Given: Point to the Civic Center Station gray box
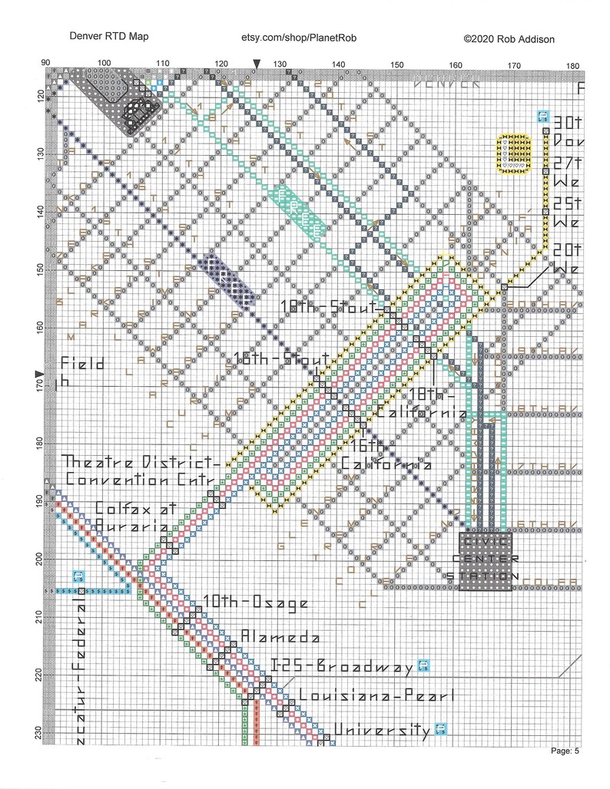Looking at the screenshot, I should tap(485, 561).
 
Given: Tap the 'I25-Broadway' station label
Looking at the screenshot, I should tap(342, 666).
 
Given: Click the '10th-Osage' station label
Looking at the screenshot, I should tap(255, 603).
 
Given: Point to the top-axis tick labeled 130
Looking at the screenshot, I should tap(280, 64).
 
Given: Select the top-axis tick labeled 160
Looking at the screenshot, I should tap(455, 64).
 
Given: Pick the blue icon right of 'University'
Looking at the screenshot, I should tap(441, 728).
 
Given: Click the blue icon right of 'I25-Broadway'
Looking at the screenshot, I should tap(422, 665).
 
